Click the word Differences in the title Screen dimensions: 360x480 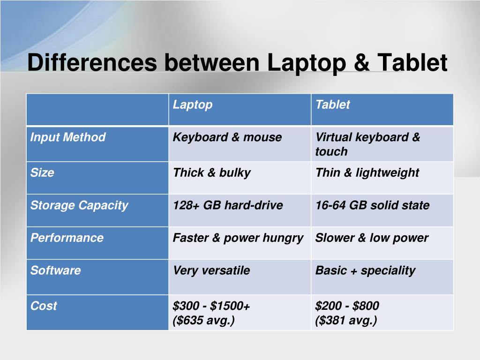(x=91, y=63)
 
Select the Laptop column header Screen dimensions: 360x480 (x=193, y=105)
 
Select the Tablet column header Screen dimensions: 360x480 (x=332, y=105)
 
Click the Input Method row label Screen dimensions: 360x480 (x=68, y=137)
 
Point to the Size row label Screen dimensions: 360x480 (x=42, y=172)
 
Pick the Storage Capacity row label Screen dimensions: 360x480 (x=79, y=205)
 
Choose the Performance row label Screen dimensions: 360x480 (x=67, y=238)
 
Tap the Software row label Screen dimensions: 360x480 (x=56, y=270)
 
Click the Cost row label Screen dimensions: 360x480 (x=44, y=306)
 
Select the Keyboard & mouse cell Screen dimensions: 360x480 (x=227, y=137)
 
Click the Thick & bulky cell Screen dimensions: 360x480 (x=212, y=172)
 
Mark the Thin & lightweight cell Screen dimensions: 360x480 (x=367, y=172)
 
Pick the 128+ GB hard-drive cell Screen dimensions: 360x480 (x=228, y=205)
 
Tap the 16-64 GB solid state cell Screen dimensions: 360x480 (x=372, y=205)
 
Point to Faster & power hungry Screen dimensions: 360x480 (x=238, y=238)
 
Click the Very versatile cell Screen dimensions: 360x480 (x=211, y=270)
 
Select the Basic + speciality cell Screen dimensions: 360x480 (x=365, y=270)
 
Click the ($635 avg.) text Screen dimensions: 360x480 (x=204, y=320)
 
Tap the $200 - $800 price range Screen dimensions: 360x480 (x=347, y=306)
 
